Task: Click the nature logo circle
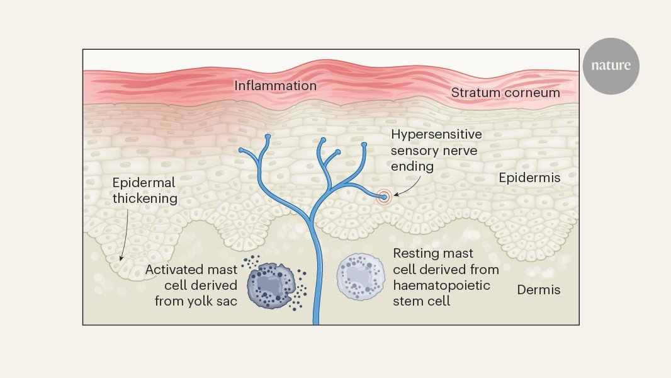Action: tap(611, 66)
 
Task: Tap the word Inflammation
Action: tap(275, 86)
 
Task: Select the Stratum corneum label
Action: tap(505, 93)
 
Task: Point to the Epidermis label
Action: tap(529, 178)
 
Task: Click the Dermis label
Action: tap(538, 290)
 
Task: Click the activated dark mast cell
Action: tap(271, 285)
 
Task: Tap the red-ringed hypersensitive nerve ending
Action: tap(384, 197)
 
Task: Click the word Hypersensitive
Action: tap(436, 134)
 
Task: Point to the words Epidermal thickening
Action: tap(145, 190)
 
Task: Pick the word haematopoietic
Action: tap(442, 285)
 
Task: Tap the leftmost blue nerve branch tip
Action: tap(241, 151)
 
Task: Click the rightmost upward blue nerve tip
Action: tap(364, 145)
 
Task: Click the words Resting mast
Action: tap(433, 253)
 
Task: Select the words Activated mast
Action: tap(191, 270)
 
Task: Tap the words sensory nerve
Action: tap(434, 151)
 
